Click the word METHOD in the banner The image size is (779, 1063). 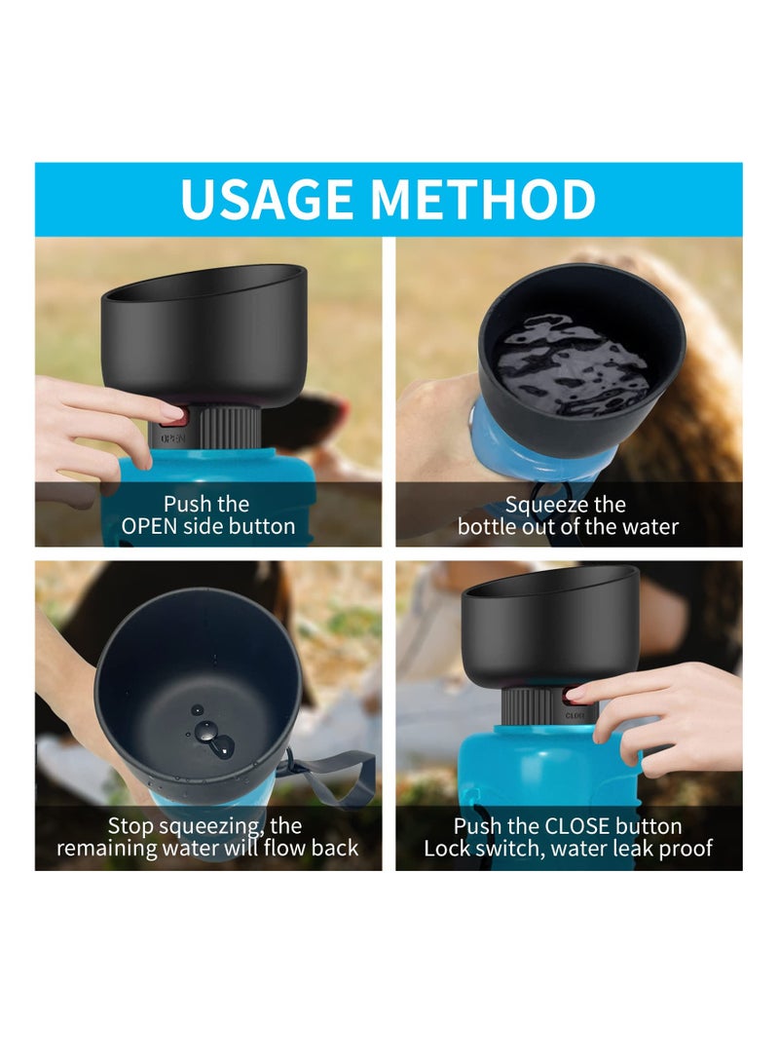(483, 200)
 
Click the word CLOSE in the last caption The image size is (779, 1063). (577, 826)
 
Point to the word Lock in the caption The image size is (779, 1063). (445, 849)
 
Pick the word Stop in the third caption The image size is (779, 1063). (130, 826)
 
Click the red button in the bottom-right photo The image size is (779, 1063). (572, 696)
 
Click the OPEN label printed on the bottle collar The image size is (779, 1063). (172, 438)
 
